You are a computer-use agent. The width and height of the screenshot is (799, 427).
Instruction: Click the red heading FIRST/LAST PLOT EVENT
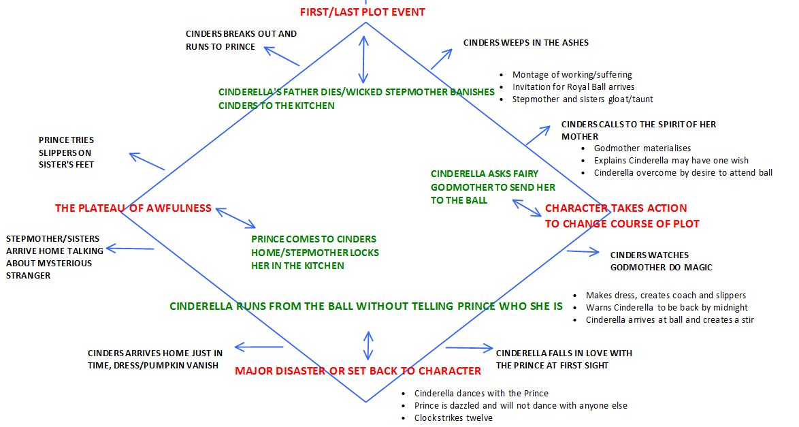[x=363, y=12]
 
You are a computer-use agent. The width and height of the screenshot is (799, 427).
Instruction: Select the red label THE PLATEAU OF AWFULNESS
[x=133, y=208]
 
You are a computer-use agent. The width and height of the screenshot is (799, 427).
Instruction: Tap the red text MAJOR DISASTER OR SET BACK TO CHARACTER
[x=358, y=371]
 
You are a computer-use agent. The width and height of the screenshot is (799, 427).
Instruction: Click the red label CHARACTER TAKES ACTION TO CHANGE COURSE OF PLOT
[x=621, y=216]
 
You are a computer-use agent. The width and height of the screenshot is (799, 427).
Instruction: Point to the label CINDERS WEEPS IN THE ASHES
[x=526, y=42]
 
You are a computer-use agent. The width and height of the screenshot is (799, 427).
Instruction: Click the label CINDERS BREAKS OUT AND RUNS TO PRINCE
[x=241, y=40]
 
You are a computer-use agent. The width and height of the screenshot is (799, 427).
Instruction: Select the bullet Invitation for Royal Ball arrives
[x=573, y=87]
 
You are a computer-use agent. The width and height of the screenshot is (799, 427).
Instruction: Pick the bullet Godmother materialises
[x=642, y=148]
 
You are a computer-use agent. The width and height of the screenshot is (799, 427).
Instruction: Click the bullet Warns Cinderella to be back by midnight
[x=667, y=308]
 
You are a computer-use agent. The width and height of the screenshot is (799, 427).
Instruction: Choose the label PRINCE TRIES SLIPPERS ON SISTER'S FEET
[x=66, y=153]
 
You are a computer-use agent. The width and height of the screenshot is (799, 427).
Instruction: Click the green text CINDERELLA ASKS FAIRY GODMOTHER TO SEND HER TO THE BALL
[x=493, y=187]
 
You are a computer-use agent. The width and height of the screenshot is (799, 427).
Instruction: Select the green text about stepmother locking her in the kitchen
[x=315, y=253]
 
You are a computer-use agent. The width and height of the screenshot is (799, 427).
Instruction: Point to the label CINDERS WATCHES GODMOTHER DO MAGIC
[x=661, y=261]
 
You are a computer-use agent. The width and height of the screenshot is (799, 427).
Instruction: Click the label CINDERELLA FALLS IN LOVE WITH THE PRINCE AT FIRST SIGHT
[x=564, y=359]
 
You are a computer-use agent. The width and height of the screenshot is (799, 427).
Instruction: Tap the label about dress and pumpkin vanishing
[x=154, y=359]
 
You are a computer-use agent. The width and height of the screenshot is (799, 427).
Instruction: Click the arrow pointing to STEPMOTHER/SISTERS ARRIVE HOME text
[x=130, y=249]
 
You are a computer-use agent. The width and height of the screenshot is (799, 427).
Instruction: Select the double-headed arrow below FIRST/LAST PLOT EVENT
[x=364, y=59]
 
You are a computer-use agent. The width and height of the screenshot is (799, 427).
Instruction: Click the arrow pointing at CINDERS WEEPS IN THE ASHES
[x=442, y=59]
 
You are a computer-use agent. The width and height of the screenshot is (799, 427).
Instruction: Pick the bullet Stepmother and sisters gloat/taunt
[x=583, y=99]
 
